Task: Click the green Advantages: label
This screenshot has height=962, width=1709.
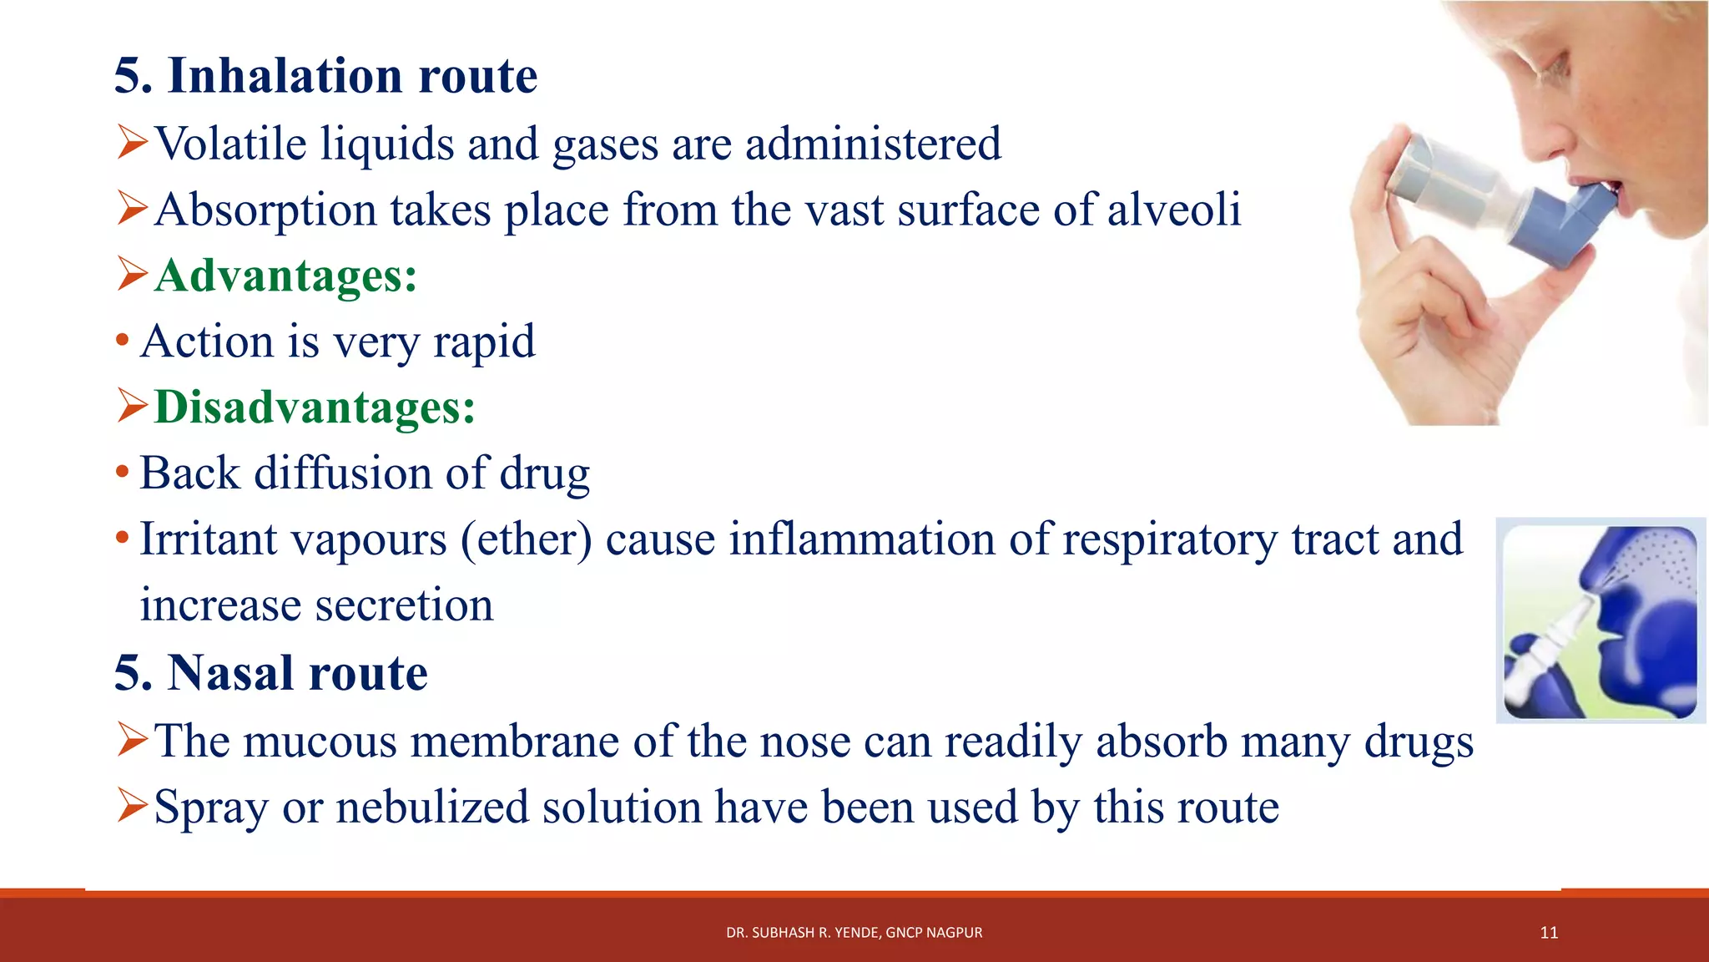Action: click(286, 276)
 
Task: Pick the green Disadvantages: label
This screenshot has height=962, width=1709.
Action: click(315, 408)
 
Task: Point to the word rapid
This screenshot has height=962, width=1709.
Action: click(484, 342)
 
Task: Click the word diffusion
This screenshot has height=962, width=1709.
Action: click(342, 473)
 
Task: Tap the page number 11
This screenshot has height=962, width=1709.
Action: click(1549, 933)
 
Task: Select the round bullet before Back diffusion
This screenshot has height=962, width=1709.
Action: click(123, 473)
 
